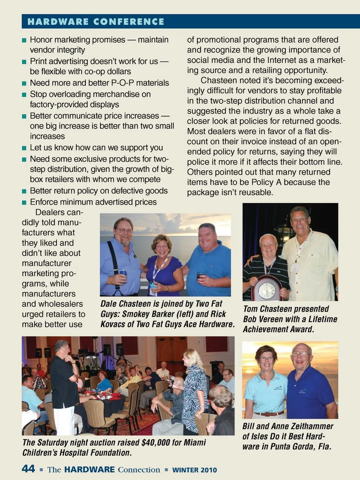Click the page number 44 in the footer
coord(28,469)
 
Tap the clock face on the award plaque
coord(267,290)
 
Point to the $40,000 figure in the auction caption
coord(156,443)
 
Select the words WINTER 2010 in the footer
coord(194,470)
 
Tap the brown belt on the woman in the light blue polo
coord(269,414)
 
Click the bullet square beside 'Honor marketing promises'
coord(24,40)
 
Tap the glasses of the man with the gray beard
coord(124,230)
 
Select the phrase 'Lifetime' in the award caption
coord(323,319)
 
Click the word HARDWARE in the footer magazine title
coord(89,470)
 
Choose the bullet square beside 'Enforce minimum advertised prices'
coord(24,203)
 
